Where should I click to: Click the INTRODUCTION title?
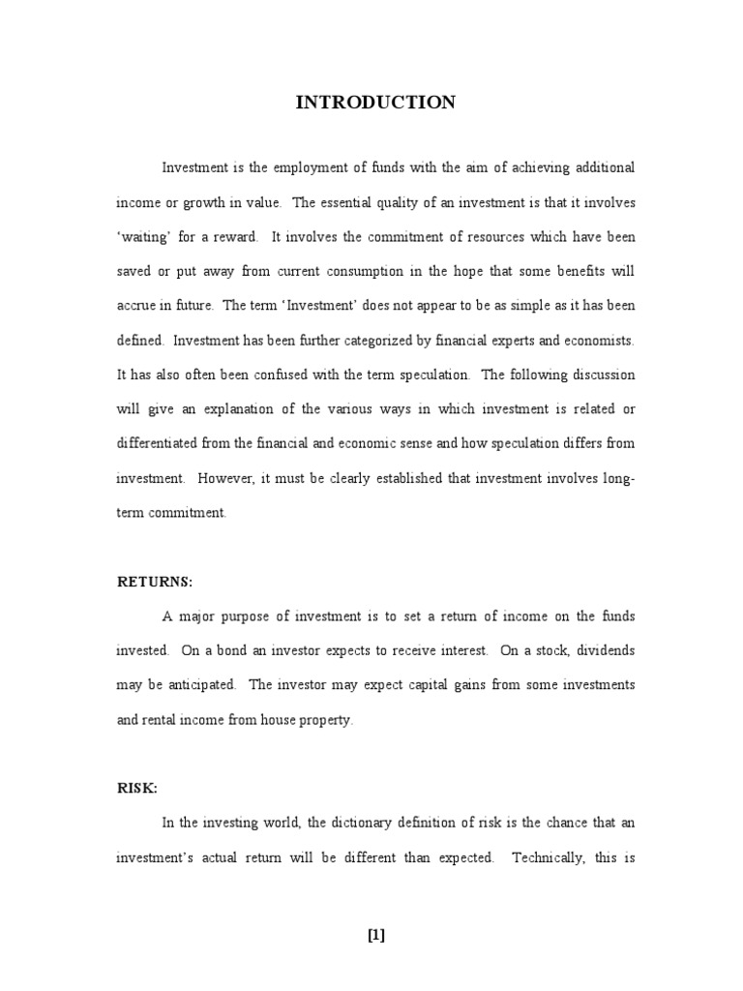point(375,103)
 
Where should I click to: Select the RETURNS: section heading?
point(155,582)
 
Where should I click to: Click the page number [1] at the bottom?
point(375,934)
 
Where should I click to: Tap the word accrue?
point(136,306)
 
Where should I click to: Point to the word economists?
point(597,341)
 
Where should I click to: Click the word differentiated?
point(156,444)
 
